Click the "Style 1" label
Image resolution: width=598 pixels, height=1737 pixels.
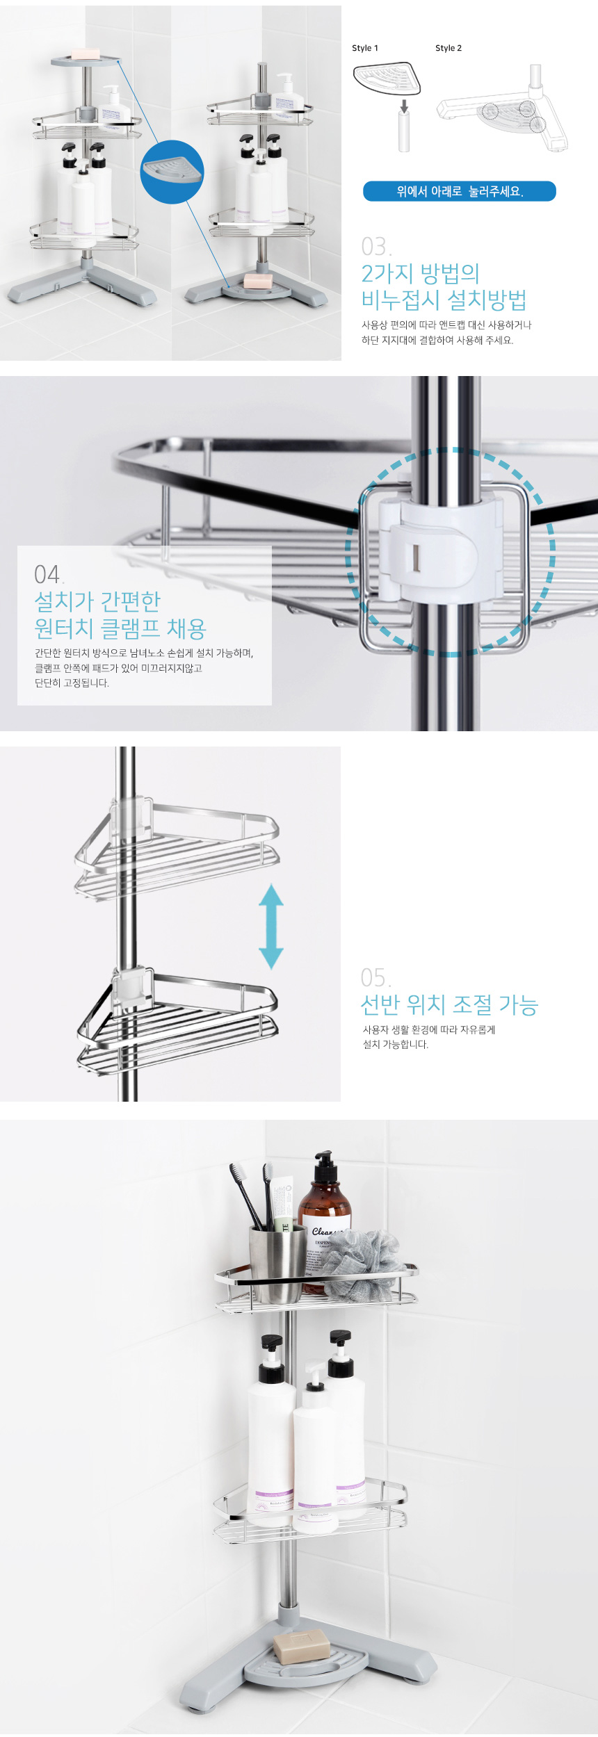point(365,48)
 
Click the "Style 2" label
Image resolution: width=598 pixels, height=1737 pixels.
point(448,48)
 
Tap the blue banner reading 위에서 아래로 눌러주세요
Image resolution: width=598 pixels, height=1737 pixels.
point(459,191)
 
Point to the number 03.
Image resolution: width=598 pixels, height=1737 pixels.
point(376,247)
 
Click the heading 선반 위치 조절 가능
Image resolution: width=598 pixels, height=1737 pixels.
point(449,1005)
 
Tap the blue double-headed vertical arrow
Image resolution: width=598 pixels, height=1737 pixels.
point(270,927)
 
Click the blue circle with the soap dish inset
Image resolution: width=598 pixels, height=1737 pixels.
point(172,172)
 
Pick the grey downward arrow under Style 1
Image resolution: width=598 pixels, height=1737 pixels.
point(403,106)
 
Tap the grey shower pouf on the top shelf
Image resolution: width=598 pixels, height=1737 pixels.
point(359,1265)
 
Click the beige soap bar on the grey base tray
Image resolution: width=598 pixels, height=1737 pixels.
point(300,1646)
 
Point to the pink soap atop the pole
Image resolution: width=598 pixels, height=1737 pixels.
point(86,54)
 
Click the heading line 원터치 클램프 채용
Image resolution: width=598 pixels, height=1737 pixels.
point(120,629)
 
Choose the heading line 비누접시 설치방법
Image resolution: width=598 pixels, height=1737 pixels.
point(444,300)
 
